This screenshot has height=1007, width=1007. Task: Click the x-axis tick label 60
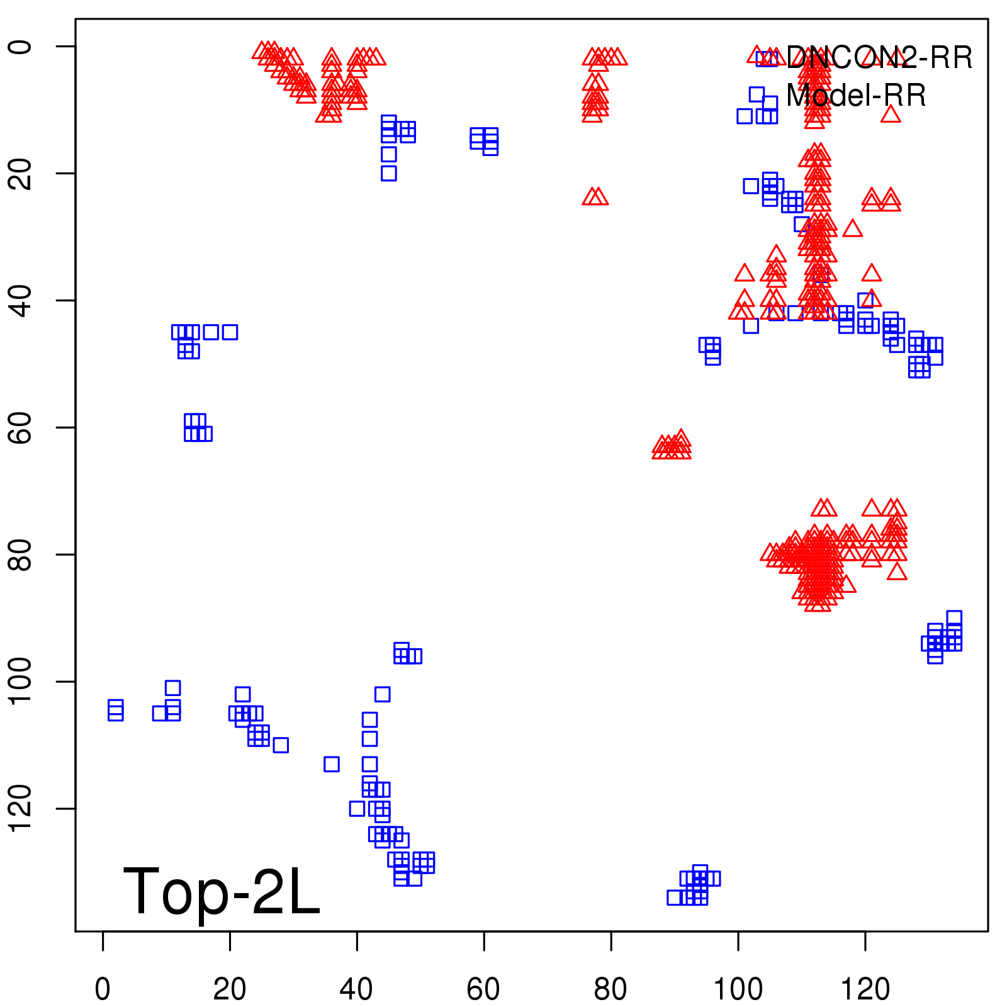pyautogui.click(x=483, y=989)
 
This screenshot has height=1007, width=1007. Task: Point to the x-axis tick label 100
pyautogui.click(x=738, y=989)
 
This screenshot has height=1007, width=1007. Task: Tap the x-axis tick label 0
pyautogui.click(x=103, y=989)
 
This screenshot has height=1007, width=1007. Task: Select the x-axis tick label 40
pyautogui.click(x=356, y=989)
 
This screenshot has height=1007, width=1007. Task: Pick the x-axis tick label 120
pyautogui.click(x=865, y=989)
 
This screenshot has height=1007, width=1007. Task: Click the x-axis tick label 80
pyautogui.click(x=610, y=989)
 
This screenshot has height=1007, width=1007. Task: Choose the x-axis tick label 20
pyautogui.click(x=230, y=989)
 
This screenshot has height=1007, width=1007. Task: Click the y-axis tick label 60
pyautogui.click(x=20, y=427)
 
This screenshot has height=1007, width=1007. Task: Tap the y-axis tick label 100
pyautogui.click(x=20, y=682)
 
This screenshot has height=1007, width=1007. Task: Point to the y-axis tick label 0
pyautogui.click(x=20, y=47)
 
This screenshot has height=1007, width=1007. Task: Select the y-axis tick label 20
pyautogui.click(x=20, y=173)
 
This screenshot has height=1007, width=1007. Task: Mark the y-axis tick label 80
pyautogui.click(x=20, y=554)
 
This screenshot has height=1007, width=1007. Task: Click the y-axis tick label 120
pyautogui.click(x=20, y=808)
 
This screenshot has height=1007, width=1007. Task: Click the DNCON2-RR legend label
pyautogui.click(x=879, y=58)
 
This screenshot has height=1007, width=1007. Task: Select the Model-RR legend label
pyautogui.click(x=856, y=96)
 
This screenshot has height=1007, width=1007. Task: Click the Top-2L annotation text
pyautogui.click(x=222, y=891)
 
